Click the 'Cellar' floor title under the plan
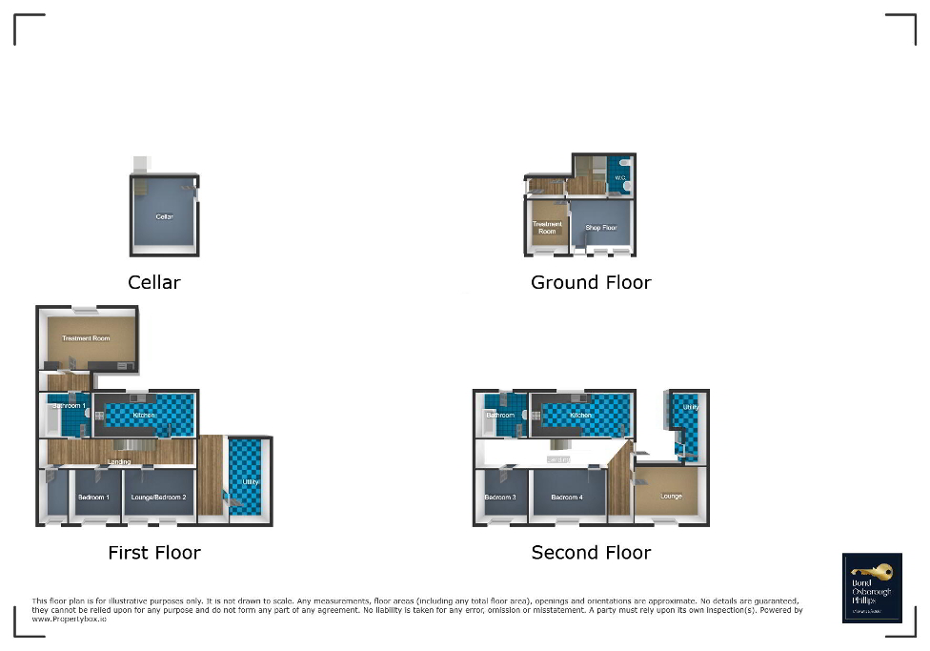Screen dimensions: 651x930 (x=154, y=282)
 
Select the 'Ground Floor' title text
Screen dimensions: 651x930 (x=591, y=282)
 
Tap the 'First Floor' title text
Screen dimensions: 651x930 (x=154, y=553)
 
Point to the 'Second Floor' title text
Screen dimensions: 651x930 (x=591, y=553)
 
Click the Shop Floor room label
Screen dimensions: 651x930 (x=601, y=228)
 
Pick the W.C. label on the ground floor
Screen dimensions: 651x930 (x=619, y=177)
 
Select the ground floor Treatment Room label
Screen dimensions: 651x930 (x=547, y=227)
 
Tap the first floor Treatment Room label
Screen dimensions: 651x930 (x=86, y=338)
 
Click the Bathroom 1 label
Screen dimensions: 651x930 (x=69, y=406)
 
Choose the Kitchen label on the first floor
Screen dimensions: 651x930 (x=144, y=416)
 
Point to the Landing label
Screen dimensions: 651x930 (x=119, y=462)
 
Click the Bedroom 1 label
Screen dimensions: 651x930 (x=93, y=498)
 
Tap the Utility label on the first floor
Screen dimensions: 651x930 (x=250, y=482)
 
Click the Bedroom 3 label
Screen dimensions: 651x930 (x=499, y=498)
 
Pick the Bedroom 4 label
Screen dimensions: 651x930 (x=566, y=498)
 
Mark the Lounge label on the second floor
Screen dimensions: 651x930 (x=671, y=496)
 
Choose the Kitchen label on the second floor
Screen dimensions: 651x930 (x=581, y=416)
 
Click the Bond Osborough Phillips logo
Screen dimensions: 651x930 (x=872, y=587)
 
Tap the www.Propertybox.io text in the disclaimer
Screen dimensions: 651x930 (x=70, y=620)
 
